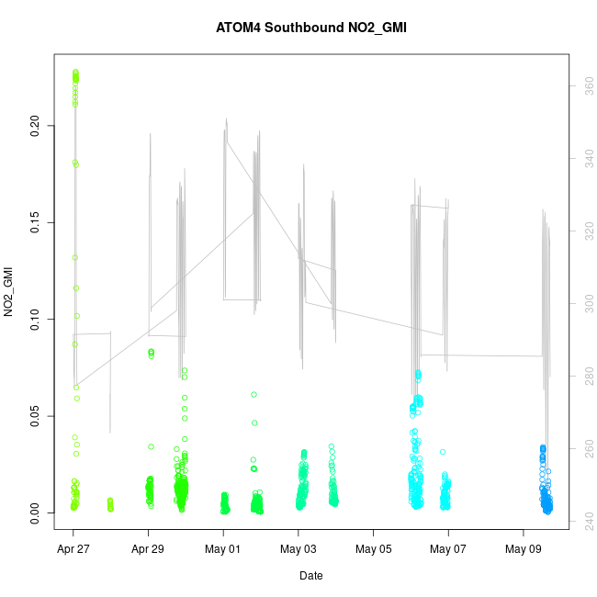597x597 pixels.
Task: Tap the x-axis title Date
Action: (310, 576)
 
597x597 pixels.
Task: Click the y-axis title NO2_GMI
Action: (9, 293)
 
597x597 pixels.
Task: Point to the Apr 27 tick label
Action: (73, 550)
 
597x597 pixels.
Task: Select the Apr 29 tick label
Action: (148, 550)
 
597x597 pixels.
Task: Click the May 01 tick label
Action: (223, 550)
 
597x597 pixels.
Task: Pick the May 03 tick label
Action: (298, 550)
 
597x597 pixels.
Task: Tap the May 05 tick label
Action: (373, 550)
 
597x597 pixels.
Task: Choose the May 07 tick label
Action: (448, 550)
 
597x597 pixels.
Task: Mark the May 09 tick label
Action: (524, 550)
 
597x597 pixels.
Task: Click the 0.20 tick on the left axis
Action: (35, 125)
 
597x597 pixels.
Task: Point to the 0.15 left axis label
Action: (35, 222)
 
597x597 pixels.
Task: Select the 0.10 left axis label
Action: (35, 319)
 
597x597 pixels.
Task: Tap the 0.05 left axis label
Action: (35, 416)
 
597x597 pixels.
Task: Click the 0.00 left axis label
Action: (35, 513)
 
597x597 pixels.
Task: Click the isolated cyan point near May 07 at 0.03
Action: (443, 452)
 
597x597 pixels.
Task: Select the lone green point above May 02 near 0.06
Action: (253, 394)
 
